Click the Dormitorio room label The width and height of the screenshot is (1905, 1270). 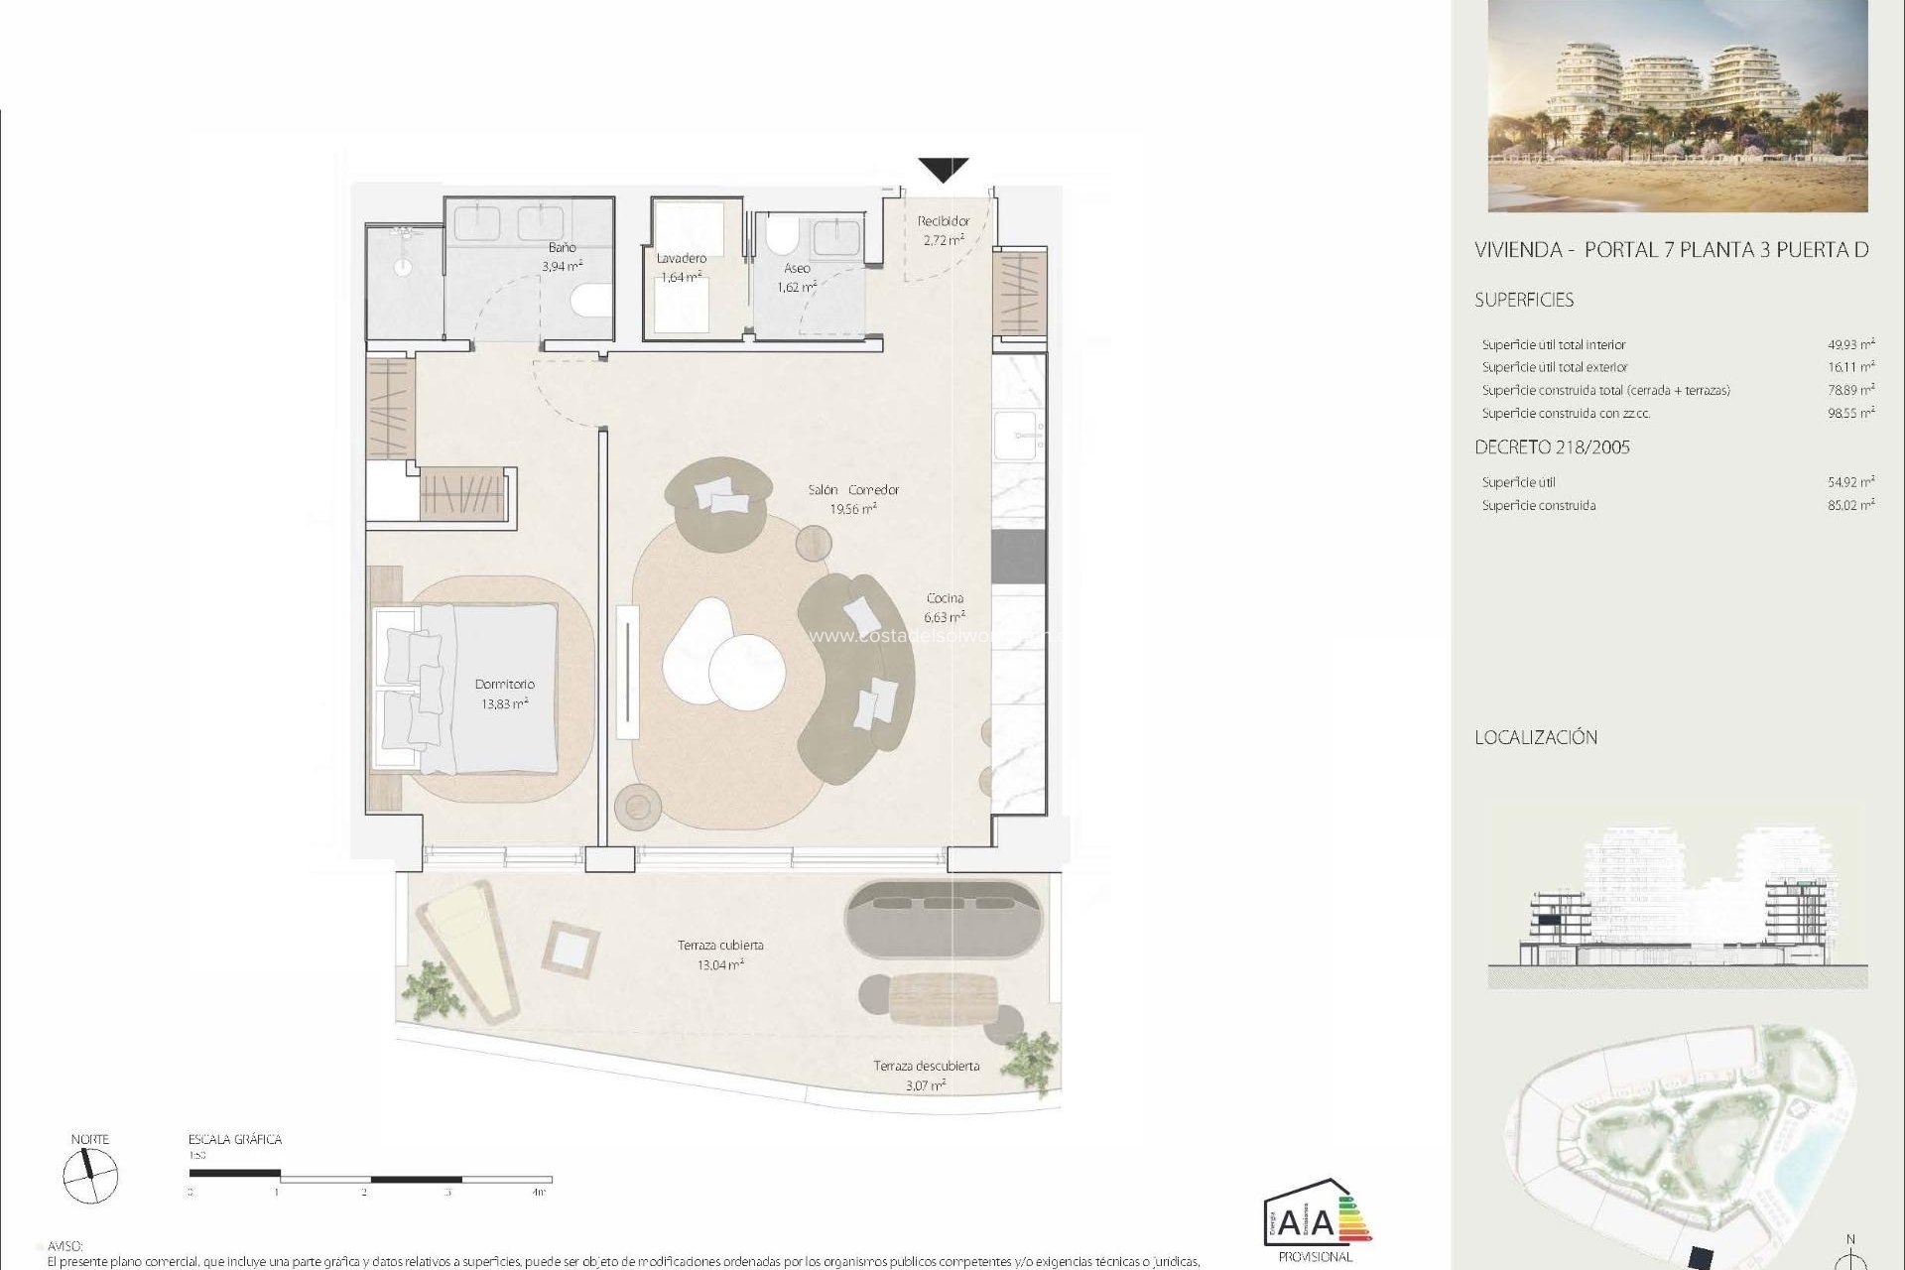504,684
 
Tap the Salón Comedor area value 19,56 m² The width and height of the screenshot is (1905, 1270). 852,509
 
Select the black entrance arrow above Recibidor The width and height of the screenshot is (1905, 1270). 943,170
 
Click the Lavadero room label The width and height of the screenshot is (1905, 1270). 682,258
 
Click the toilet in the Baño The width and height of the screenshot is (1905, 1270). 593,300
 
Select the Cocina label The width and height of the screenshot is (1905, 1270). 945,597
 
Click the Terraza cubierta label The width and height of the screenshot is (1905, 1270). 720,945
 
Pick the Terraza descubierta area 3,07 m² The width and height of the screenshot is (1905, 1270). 925,1085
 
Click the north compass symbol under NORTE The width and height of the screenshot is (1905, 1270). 90,1178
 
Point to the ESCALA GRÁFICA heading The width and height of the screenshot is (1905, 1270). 235,1139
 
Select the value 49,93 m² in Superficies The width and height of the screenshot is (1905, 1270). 1850,344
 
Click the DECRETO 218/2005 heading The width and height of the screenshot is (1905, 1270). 1552,446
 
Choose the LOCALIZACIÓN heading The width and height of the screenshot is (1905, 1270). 1536,737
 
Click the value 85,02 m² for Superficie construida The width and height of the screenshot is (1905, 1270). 1850,505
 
